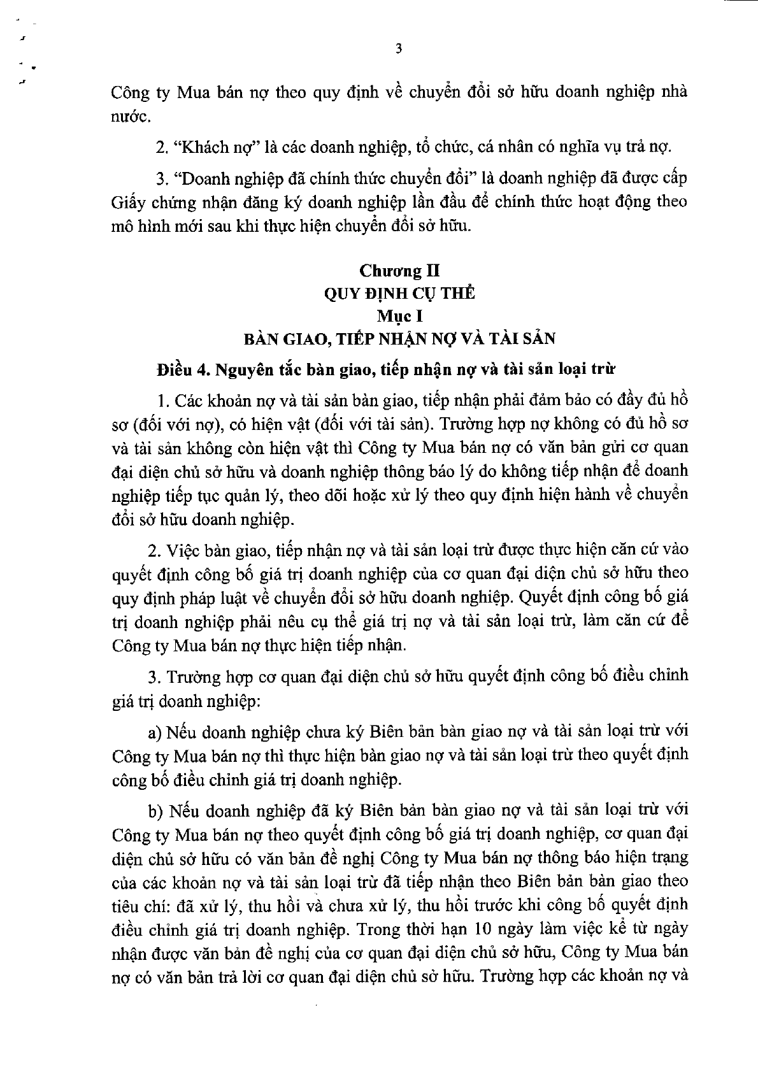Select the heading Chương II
[399, 271]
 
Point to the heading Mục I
[399, 316]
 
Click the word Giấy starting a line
[126, 203]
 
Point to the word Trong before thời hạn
[378, 928]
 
